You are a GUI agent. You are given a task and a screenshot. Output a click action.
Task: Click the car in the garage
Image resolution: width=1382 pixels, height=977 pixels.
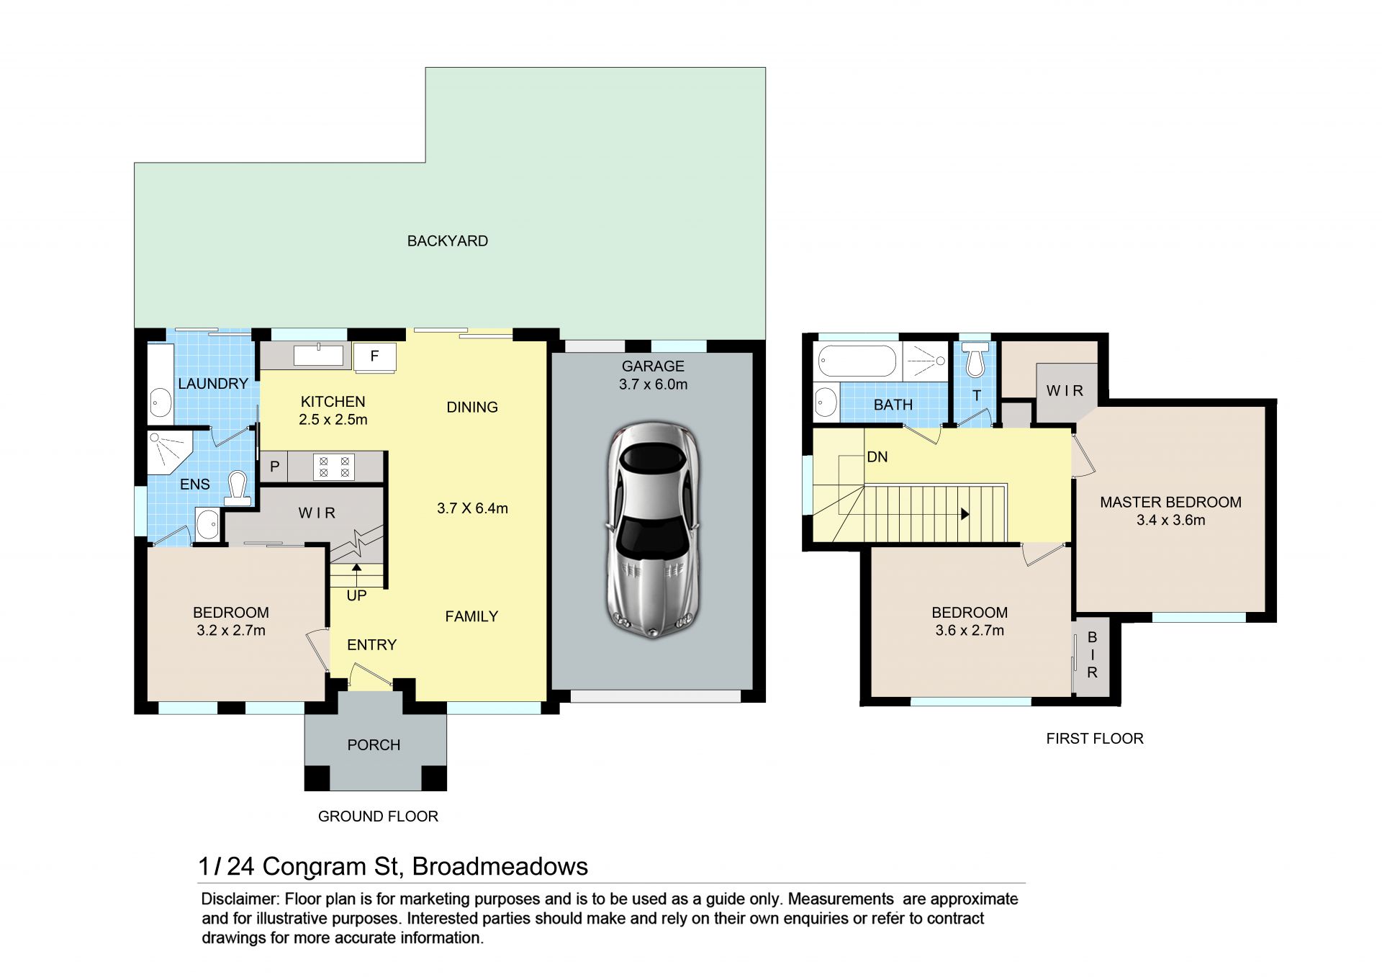pos(653,531)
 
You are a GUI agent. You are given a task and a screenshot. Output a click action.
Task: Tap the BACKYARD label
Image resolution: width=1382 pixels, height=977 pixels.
pos(448,241)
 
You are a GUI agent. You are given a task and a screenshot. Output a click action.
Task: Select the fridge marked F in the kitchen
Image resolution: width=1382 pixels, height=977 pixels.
pos(374,356)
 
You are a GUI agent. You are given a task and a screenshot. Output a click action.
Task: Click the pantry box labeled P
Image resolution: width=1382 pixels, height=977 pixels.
pos(274,467)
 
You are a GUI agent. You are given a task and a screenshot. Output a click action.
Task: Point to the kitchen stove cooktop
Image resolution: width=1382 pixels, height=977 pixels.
pos(335,467)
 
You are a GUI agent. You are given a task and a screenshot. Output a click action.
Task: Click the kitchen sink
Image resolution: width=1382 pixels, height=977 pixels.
pos(318,355)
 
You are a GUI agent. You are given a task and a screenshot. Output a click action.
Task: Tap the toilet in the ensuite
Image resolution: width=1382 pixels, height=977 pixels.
pos(237,487)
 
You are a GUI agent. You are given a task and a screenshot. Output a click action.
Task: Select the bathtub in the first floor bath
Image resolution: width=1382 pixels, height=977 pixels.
pos(857,361)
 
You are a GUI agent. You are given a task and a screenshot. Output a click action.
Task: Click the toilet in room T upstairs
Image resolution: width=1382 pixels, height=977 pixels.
pos(975,360)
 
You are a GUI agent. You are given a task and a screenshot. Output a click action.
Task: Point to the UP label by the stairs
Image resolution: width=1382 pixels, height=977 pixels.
pos(356,595)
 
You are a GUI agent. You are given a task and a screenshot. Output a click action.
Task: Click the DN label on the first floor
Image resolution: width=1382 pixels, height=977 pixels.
pos(877,457)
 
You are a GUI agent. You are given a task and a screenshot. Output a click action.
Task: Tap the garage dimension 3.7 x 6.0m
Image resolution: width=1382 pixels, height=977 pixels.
pos(653,384)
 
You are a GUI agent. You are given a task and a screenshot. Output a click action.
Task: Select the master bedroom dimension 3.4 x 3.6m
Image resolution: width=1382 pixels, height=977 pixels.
pos(1170,521)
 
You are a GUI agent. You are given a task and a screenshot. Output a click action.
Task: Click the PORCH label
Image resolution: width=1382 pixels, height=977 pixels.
pos(374,745)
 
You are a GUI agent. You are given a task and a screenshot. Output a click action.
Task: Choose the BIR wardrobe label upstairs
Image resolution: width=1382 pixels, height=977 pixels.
pos(1092,655)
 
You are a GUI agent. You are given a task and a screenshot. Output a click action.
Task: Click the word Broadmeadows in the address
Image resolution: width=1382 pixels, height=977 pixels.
pos(500,866)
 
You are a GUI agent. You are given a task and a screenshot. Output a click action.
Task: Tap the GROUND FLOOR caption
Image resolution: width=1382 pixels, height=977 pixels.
pos(378,816)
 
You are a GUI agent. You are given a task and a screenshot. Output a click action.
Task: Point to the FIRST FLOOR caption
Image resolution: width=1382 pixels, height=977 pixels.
pos(1095,739)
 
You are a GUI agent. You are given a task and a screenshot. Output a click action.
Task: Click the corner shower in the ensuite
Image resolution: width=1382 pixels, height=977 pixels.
pos(169,451)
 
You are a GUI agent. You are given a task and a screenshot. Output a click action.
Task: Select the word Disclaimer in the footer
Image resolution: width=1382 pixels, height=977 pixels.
pos(240,899)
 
